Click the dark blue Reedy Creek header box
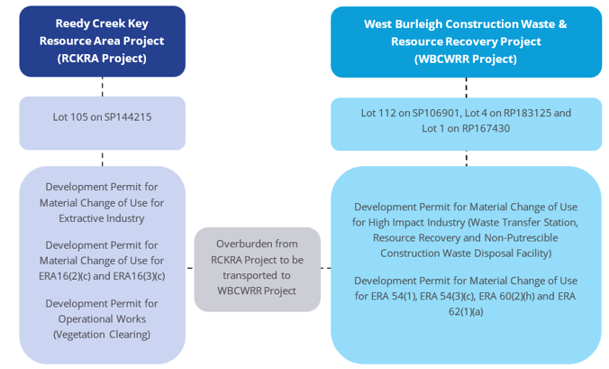click(102, 42)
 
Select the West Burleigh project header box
click(466, 42)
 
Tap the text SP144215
click(128, 117)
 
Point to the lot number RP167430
click(486, 128)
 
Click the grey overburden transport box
click(257, 269)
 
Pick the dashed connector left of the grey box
click(190, 268)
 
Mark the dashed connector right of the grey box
click(326, 268)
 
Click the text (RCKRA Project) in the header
click(102, 59)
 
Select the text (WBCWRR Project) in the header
click(466, 60)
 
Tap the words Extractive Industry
click(102, 218)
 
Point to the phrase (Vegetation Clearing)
click(102, 335)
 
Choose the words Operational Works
click(102, 318)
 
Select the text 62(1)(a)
click(466, 312)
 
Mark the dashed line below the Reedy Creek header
click(103, 87)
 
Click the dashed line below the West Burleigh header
click(466, 88)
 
